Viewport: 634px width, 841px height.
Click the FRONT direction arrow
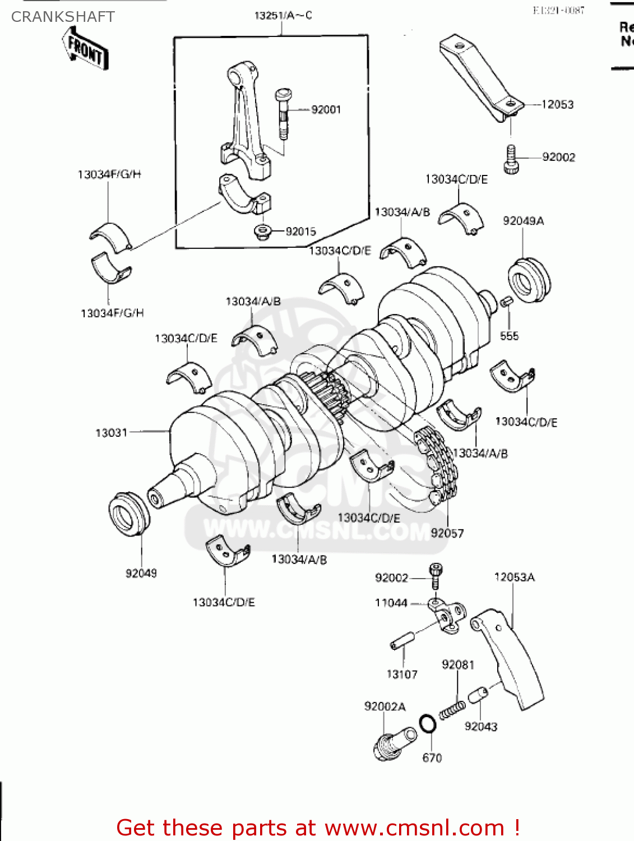pos(85,49)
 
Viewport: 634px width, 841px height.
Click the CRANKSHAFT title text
pos(63,17)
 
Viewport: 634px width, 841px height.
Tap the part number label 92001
pos(326,110)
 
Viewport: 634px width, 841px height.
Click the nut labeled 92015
pos(261,231)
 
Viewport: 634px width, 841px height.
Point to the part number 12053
pos(557,104)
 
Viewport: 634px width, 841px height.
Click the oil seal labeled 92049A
pos(528,280)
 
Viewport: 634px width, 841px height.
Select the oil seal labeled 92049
pos(128,514)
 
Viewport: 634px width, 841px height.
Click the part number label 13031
pos(112,433)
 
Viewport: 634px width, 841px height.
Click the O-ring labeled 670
pos(428,724)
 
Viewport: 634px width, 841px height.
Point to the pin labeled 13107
pos(402,641)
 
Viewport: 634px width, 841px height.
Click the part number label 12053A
pos(514,577)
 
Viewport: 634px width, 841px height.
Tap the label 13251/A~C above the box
pos(283,16)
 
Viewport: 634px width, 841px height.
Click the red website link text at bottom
pos(318,828)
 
